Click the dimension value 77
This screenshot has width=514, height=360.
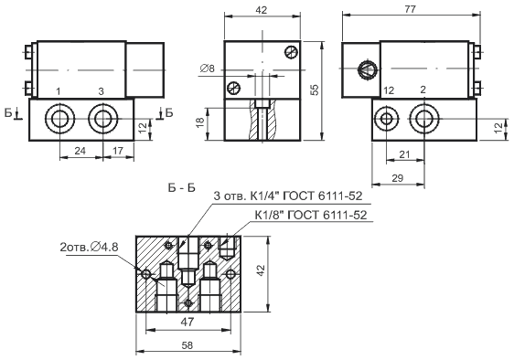point(410,8)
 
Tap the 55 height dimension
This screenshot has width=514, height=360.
point(314,90)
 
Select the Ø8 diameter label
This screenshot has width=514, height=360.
point(207,69)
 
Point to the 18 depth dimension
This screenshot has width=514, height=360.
point(200,122)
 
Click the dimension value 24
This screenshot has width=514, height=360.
point(80,151)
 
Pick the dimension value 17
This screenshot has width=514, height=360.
point(118,151)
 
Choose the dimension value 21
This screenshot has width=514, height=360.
point(404,154)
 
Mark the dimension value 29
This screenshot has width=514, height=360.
point(397,178)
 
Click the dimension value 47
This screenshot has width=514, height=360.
point(187,322)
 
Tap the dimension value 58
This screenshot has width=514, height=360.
point(187,345)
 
